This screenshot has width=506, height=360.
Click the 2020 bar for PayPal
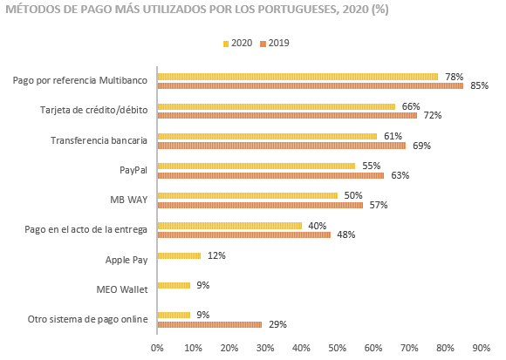tap(256, 166)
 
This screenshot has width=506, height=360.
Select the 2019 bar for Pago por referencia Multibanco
tap(311, 85)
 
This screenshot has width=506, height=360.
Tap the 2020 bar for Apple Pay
tap(179, 256)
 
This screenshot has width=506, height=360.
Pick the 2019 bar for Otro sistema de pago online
tap(209, 324)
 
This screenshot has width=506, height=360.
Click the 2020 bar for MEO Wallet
tap(174, 286)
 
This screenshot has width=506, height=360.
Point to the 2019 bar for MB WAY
tap(260, 206)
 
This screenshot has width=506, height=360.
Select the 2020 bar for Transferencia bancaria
tap(267, 136)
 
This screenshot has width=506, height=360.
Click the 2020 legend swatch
tap(226, 44)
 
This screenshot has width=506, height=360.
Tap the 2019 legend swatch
tap(263, 44)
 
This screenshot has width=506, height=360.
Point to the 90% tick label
tap(482, 349)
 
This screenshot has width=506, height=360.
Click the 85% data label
tap(480, 85)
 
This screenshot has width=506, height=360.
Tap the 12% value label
tap(216, 256)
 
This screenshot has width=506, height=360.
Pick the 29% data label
tap(277, 324)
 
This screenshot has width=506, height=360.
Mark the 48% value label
tap(346, 235)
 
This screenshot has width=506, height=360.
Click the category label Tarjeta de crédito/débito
tap(94, 110)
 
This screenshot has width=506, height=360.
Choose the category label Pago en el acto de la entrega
tap(85, 230)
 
